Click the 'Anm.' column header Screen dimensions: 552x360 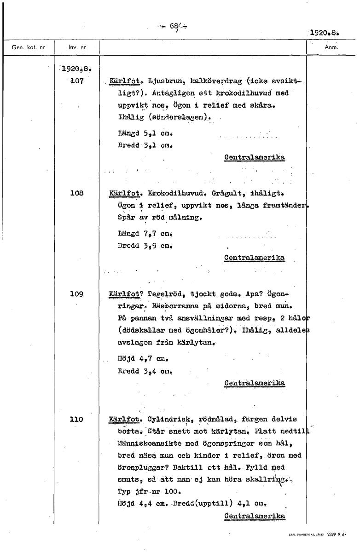tap(331, 47)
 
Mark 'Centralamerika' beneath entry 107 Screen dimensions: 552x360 tap(254, 157)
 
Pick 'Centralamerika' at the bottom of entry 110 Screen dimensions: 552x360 tap(254, 516)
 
